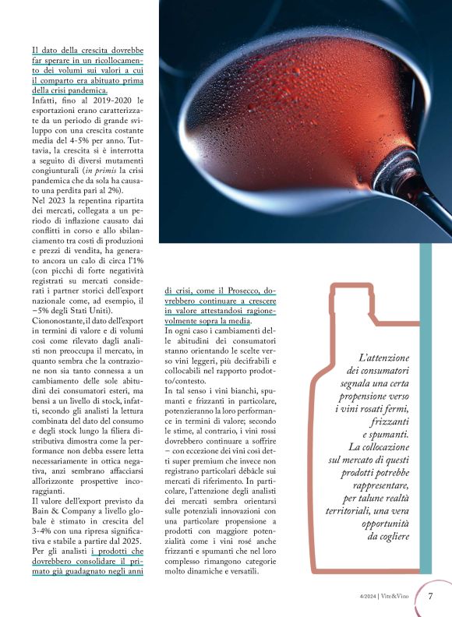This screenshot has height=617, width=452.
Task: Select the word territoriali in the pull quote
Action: pos(355,488)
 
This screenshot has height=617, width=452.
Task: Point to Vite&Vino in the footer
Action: pos(397,596)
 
